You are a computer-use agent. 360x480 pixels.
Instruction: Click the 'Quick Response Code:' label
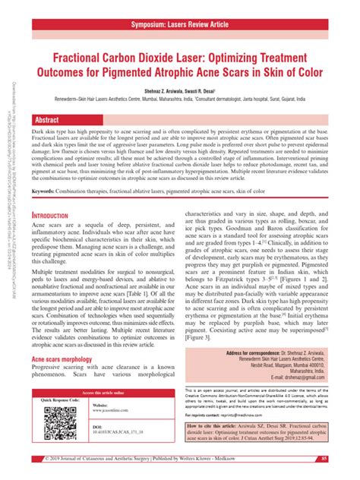click(x=57, y=399)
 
